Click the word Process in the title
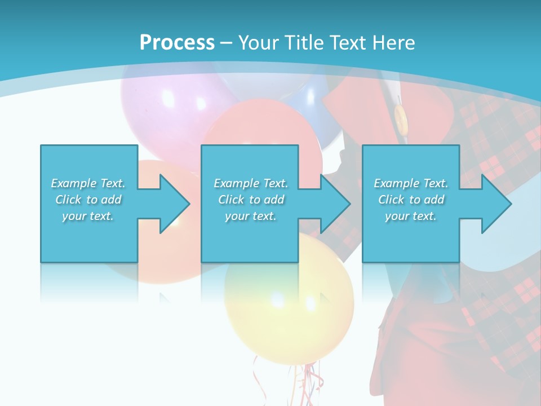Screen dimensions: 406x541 pos(177,42)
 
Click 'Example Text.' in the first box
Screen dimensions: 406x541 pos(88,183)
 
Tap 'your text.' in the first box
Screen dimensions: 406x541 pos(88,216)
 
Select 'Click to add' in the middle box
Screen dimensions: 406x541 pos(251,200)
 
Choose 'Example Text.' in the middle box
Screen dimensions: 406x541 pos(251,183)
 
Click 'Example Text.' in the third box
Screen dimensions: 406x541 pos(411,183)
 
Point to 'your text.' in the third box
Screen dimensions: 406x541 pos(411,216)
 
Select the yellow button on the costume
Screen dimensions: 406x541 pos(400,118)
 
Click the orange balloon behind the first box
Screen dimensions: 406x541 pos(152,271)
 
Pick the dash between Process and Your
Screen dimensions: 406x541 pos(226,43)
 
